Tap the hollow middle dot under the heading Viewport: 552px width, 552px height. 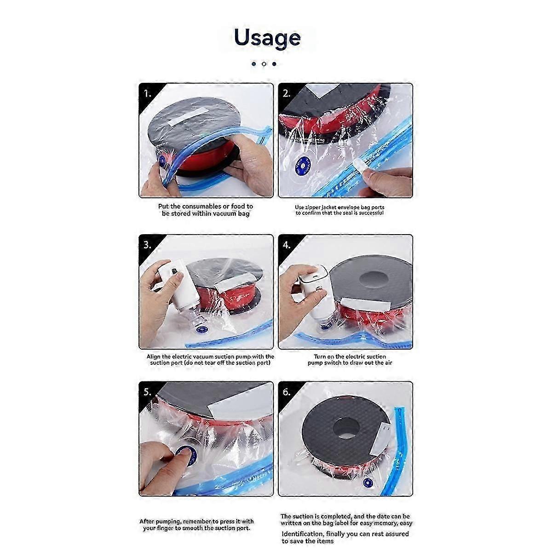click(264, 64)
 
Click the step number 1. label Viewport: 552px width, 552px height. click(147, 94)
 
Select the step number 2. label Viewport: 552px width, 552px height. click(287, 93)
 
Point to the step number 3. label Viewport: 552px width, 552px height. click(147, 245)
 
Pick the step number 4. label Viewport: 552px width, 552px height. click(287, 245)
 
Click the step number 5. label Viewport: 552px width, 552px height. click(147, 392)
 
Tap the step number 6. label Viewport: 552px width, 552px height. click(287, 392)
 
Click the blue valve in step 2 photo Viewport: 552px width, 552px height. click(303, 166)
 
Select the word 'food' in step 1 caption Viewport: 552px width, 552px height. click(238, 206)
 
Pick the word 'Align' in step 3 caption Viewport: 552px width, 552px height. click(154, 357)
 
